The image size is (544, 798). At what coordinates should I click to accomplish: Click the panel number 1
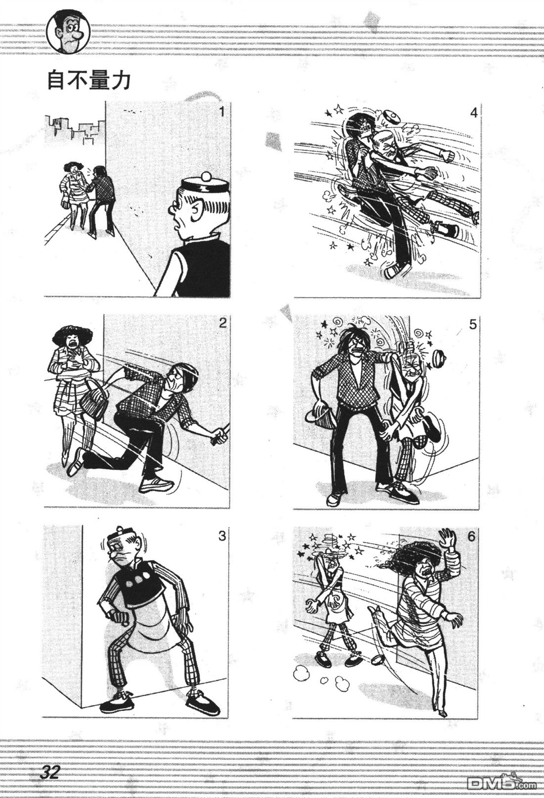(222, 113)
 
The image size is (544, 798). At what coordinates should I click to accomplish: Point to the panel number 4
(473, 113)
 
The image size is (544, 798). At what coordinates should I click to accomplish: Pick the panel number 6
(472, 536)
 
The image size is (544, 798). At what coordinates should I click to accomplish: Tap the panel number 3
(222, 535)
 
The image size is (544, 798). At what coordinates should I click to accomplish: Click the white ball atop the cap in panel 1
(206, 177)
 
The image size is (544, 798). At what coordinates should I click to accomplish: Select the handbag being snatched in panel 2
(93, 399)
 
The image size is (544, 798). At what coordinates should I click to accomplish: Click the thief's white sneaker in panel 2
(156, 485)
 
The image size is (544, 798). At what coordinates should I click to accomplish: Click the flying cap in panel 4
(391, 118)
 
